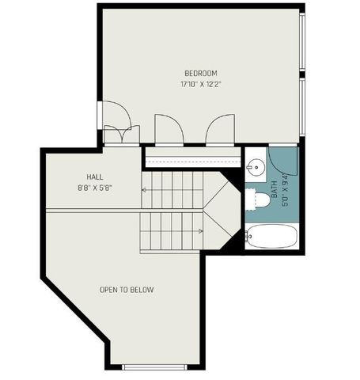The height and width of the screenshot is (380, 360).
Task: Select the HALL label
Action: pos(96,177)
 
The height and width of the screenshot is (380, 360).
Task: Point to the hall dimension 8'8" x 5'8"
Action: pos(96,188)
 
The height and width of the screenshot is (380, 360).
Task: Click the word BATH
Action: pos(274,190)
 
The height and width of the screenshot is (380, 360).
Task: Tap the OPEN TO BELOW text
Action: pos(127,290)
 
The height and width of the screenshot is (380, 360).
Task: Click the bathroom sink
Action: pos(254,167)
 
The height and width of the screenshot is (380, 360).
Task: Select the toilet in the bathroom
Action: pos(255,200)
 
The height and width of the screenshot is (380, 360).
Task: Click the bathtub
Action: pos(270,236)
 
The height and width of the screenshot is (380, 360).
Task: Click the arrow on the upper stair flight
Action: pos(146,190)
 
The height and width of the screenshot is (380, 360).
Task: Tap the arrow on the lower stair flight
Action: pos(200,231)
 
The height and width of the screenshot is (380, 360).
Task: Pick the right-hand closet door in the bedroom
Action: pos(219,129)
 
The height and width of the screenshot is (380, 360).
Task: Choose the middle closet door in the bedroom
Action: pos(168,129)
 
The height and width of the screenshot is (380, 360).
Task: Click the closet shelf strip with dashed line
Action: pos(191,158)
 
